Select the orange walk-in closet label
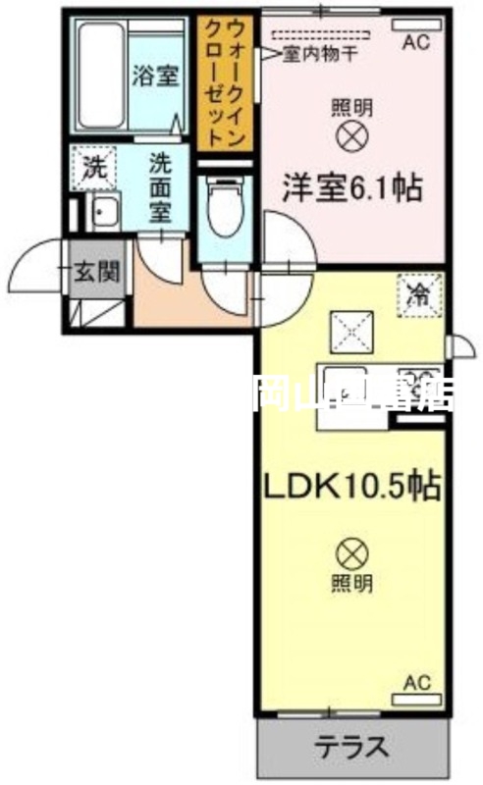pos(225,83)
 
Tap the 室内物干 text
pos(315,55)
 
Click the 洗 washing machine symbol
pos(93,166)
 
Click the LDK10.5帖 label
pos(349,486)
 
